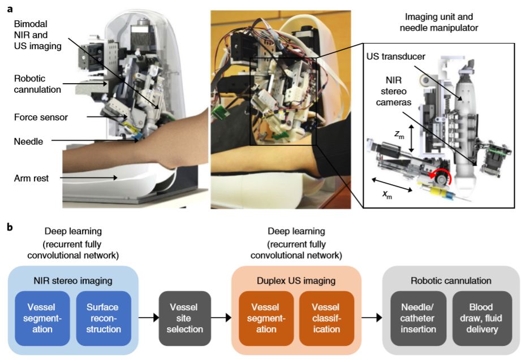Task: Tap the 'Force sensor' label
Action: [x=41, y=118]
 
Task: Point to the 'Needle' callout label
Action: [x=28, y=142]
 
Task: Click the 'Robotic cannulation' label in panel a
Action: [x=37, y=84]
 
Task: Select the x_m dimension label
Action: [x=387, y=195]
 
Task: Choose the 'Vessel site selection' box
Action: [x=185, y=318]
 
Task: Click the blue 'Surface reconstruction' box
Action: [x=103, y=318]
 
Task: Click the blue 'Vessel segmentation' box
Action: [x=42, y=318]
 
